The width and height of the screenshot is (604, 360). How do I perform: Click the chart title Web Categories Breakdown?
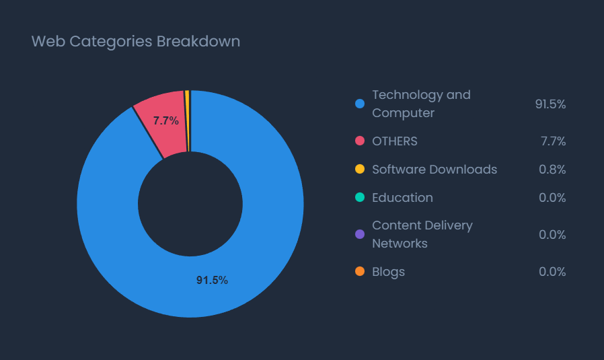(136, 41)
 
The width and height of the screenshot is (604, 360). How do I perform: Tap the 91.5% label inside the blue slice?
(212, 280)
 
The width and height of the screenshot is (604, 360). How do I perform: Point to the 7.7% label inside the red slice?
(165, 121)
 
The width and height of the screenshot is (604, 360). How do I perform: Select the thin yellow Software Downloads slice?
(187, 121)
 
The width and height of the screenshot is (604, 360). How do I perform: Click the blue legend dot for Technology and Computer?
(360, 104)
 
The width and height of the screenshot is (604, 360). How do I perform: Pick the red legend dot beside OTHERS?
(360, 141)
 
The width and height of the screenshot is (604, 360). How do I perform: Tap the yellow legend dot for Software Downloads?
(360, 170)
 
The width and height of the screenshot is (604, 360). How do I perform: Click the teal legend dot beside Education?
(360, 198)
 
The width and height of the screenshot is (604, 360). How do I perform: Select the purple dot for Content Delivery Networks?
(360, 234)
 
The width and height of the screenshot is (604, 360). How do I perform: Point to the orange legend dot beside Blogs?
(360, 272)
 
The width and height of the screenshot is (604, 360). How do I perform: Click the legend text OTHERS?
(395, 141)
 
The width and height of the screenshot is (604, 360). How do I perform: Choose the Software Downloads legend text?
(435, 170)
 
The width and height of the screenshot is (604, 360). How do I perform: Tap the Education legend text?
(402, 198)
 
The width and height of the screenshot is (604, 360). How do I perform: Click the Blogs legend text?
(389, 272)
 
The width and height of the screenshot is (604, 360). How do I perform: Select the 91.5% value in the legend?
(550, 104)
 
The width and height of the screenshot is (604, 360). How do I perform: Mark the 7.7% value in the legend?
(553, 141)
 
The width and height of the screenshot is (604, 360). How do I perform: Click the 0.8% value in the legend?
(552, 170)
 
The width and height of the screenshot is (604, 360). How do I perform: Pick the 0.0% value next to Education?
(552, 198)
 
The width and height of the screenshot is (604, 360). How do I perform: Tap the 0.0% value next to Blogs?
(552, 272)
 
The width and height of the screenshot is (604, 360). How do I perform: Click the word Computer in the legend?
(404, 113)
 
